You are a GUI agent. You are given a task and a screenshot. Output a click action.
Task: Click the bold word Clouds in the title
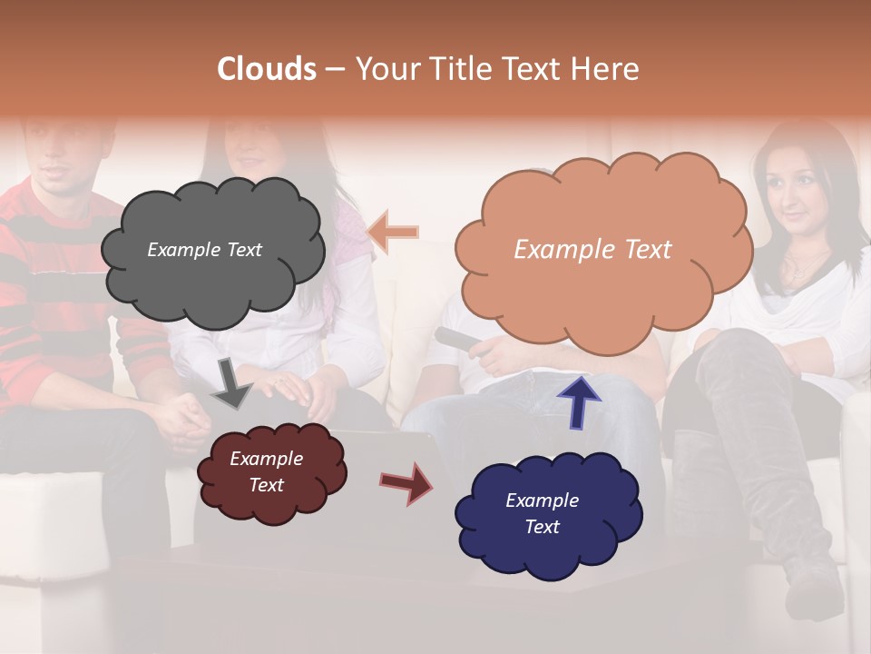pyautogui.click(x=267, y=69)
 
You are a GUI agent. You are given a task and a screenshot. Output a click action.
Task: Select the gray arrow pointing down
pyautogui.click(x=231, y=381)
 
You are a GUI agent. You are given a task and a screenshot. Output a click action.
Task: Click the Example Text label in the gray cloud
pyautogui.click(x=204, y=250)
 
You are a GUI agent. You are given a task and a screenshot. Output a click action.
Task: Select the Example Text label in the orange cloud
pyautogui.click(x=592, y=250)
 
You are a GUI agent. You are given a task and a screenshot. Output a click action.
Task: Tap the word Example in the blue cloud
pyautogui.click(x=542, y=500)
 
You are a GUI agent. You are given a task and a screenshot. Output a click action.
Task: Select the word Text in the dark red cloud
pyautogui.click(x=267, y=485)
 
